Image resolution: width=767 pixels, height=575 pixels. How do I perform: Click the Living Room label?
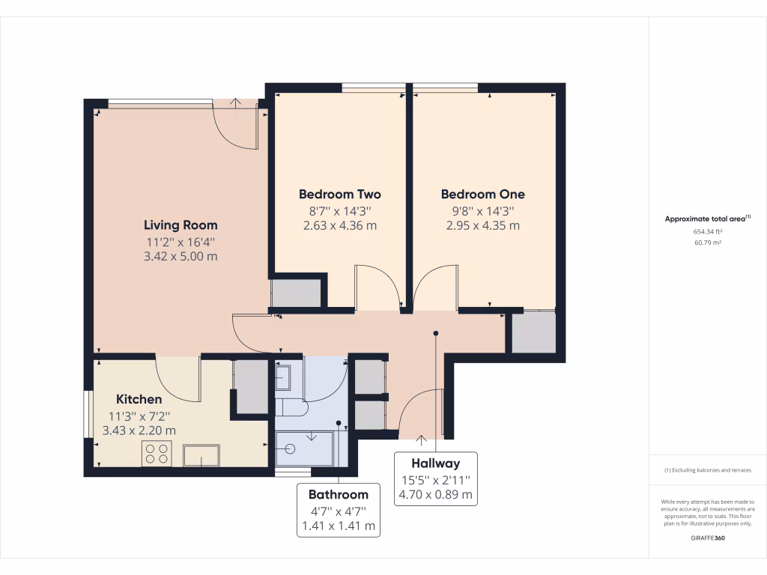click(x=181, y=225)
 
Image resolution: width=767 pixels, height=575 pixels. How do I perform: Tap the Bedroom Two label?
click(x=340, y=194)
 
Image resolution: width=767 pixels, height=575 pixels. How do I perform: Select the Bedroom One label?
click(x=483, y=194)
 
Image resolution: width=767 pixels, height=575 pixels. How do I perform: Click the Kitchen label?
click(x=139, y=399)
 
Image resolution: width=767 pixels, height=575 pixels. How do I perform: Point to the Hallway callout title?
click(x=435, y=463)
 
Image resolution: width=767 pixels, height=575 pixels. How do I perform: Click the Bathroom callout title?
click(x=339, y=494)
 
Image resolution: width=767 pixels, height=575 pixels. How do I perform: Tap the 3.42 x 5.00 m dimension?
click(x=181, y=256)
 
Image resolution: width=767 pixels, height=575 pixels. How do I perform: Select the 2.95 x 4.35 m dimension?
click(x=483, y=225)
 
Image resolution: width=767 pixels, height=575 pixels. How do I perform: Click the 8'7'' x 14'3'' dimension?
click(x=340, y=211)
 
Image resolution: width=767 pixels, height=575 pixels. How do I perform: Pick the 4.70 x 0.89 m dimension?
click(x=435, y=494)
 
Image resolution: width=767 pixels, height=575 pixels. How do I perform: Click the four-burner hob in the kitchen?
click(x=157, y=453)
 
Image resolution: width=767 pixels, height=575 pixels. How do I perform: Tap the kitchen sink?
click(x=201, y=455)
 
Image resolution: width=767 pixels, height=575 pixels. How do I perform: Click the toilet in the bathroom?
click(x=291, y=407)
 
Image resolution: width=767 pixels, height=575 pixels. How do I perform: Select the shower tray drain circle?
click(x=290, y=448)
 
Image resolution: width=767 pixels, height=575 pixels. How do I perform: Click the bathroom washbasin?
click(x=283, y=377)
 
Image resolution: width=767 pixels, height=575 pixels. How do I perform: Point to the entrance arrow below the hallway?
click(x=421, y=440)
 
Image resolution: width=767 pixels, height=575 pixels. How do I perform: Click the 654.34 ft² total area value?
click(x=708, y=232)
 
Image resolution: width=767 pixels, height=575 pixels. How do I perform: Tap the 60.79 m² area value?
click(x=708, y=243)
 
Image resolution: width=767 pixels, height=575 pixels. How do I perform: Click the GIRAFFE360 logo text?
click(x=708, y=538)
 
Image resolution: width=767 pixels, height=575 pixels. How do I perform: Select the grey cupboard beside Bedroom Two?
click(x=297, y=293)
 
